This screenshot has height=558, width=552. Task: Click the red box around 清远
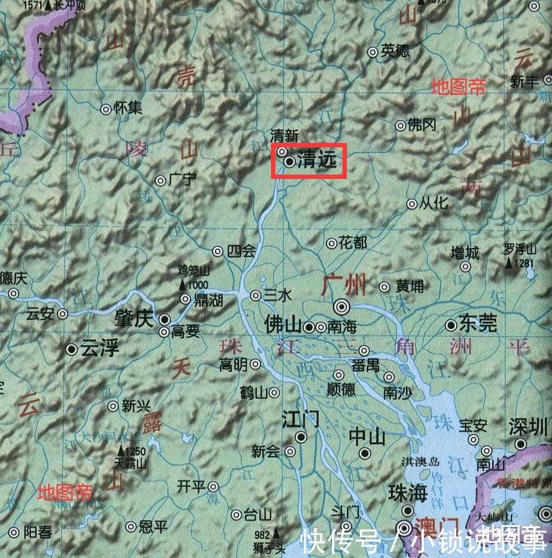308,160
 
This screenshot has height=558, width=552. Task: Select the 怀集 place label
129,108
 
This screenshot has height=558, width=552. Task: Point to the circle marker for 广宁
160,181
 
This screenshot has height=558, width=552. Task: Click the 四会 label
242,251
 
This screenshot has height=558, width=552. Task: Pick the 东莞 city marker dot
451,325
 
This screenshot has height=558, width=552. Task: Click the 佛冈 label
422,126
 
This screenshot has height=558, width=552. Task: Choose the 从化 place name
433,203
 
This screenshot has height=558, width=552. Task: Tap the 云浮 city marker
72,349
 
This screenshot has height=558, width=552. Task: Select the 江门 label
301,418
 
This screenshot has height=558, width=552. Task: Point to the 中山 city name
367,437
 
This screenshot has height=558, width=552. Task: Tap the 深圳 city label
528,427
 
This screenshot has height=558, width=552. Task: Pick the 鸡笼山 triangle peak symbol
182,285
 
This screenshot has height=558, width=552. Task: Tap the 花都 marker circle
331,243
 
